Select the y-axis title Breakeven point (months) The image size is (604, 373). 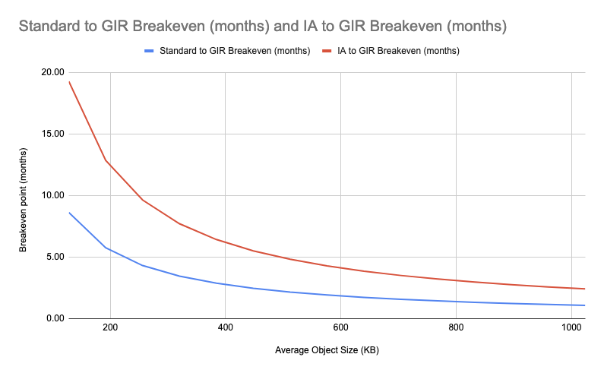click(24, 195)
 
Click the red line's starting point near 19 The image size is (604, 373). click(69, 81)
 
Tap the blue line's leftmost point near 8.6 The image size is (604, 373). click(69, 213)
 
